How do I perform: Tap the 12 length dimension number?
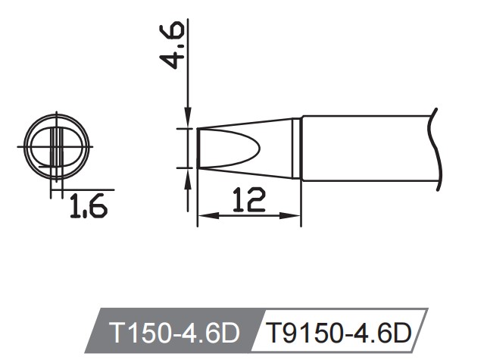(x=249, y=200)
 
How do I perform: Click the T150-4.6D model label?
(x=173, y=333)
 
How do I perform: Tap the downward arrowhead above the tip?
(x=187, y=121)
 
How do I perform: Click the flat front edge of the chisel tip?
(x=198, y=148)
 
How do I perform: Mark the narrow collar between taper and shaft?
(x=298, y=148)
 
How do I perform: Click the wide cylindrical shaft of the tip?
(x=364, y=148)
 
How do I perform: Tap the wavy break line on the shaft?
(x=433, y=148)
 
